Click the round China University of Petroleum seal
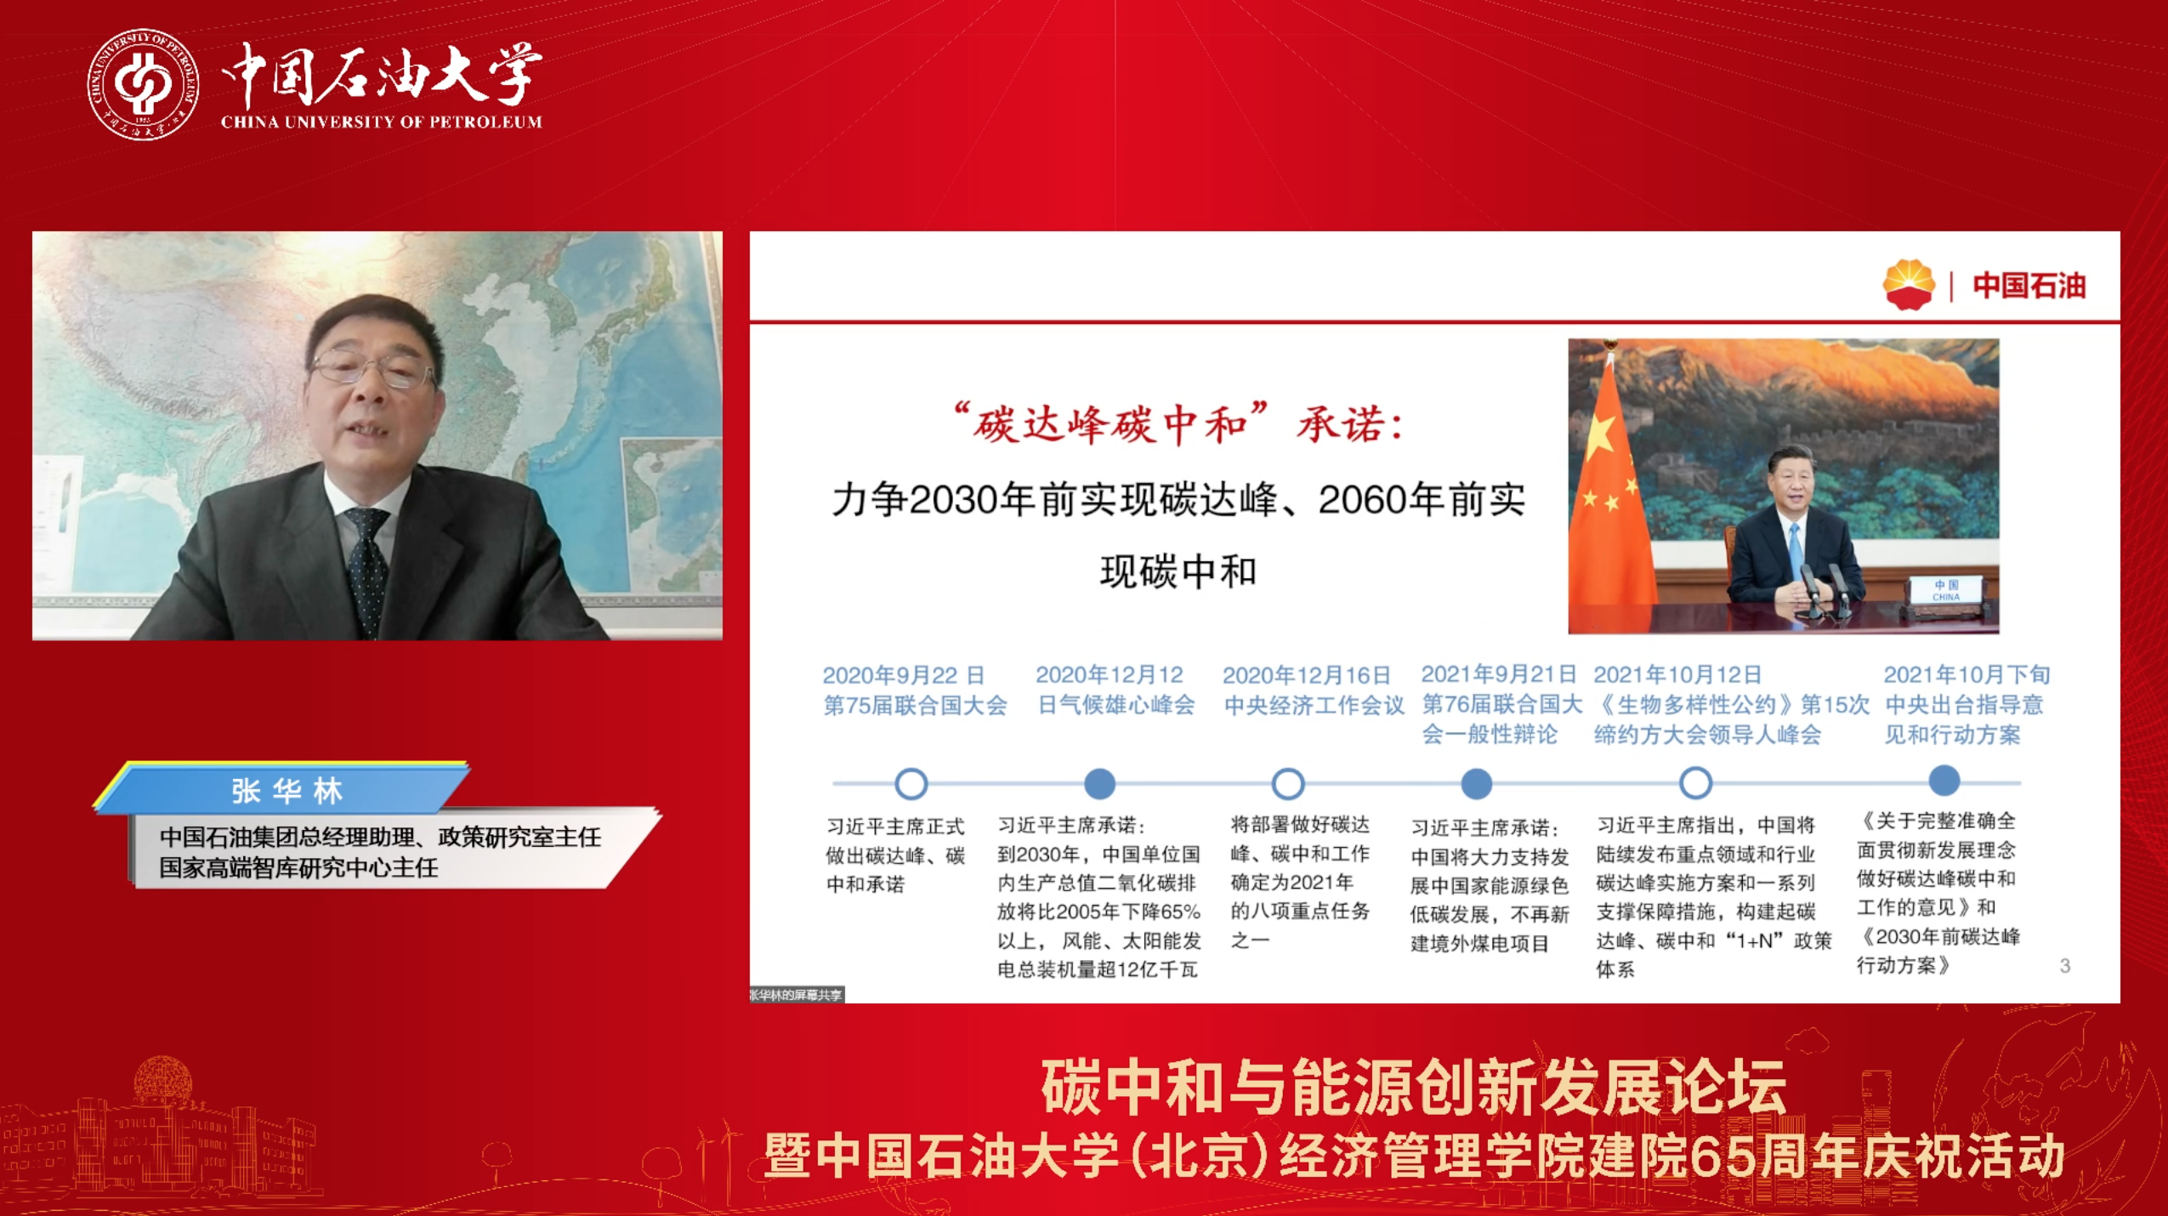click(x=143, y=84)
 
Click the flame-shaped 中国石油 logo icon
click(x=1909, y=285)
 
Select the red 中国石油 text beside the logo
click(x=2029, y=286)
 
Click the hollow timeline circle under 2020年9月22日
click(x=911, y=783)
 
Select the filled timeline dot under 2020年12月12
click(x=1100, y=783)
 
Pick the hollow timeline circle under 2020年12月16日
click(x=1288, y=783)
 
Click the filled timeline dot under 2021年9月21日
click(x=1477, y=783)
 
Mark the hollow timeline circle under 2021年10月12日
click(x=1696, y=782)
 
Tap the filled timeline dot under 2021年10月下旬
click(x=1944, y=780)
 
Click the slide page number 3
click(x=2065, y=965)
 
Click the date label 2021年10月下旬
click(x=1967, y=674)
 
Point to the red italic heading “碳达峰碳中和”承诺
click(x=1178, y=423)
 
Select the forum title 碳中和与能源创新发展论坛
click(x=1413, y=1088)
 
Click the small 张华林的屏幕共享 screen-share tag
click(x=797, y=994)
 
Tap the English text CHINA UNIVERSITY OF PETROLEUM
click(x=382, y=122)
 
